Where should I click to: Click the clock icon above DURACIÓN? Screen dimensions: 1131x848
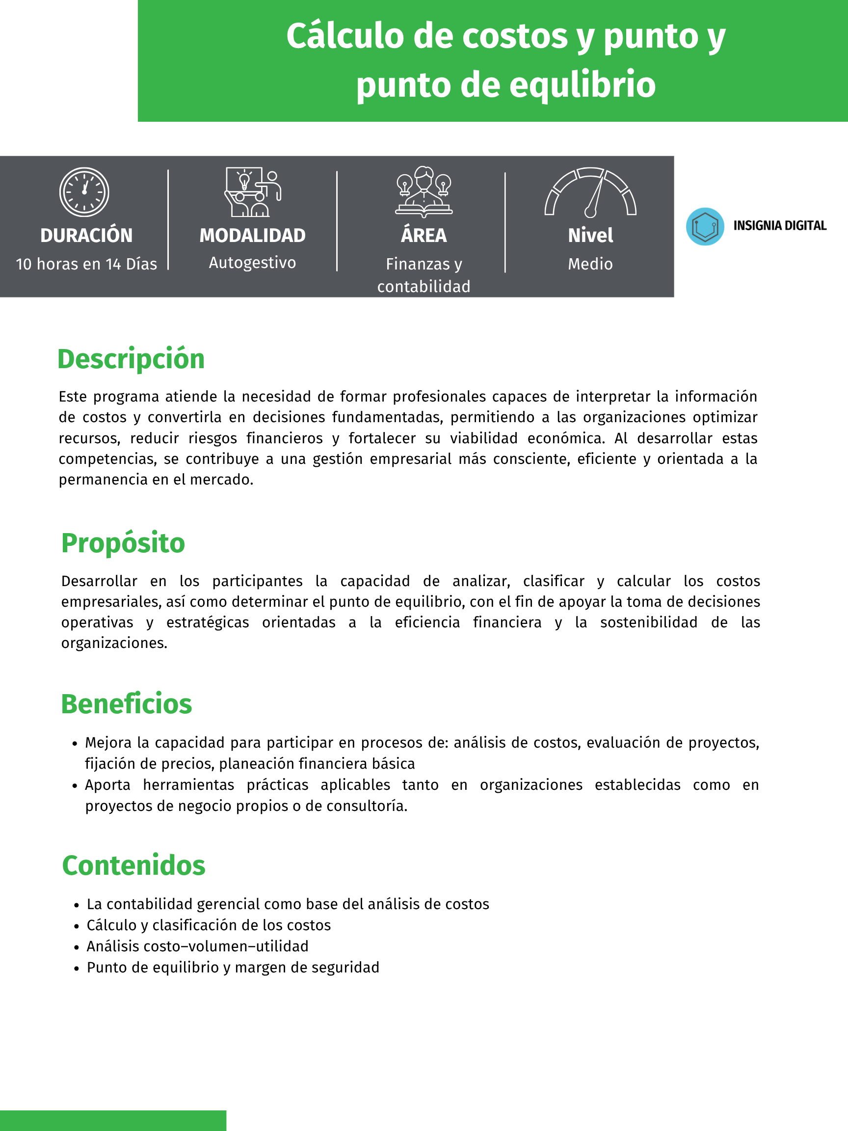[x=84, y=192]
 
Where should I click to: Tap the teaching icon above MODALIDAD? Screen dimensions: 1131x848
[x=253, y=192]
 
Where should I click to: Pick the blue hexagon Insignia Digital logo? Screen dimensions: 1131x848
[x=705, y=226]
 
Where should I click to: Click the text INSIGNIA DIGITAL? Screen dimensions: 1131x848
[x=779, y=226]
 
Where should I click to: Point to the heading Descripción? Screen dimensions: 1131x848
[x=131, y=359]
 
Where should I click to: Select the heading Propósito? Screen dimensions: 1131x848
[x=123, y=542]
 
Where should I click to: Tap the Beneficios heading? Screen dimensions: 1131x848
[x=126, y=704]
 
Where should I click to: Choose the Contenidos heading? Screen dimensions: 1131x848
[x=133, y=865]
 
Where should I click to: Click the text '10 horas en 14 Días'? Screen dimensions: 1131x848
[x=86, y=264]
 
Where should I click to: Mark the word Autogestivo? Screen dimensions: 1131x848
[x=253, y=263]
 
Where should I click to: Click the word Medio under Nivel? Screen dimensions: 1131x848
[x=590, y=264]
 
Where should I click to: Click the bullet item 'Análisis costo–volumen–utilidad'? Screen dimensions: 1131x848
[x=197, y=946]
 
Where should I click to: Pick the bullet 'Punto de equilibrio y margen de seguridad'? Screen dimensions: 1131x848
[x=233, y=968]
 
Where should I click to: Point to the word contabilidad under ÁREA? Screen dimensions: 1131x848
[x=424, y=286]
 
